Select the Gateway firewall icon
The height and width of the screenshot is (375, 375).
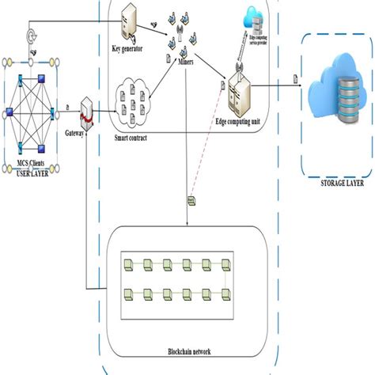[x=91, y=116]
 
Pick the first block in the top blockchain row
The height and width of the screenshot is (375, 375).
[x=127, y=263]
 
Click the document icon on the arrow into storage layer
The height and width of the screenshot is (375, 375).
[x=295, y=78]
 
